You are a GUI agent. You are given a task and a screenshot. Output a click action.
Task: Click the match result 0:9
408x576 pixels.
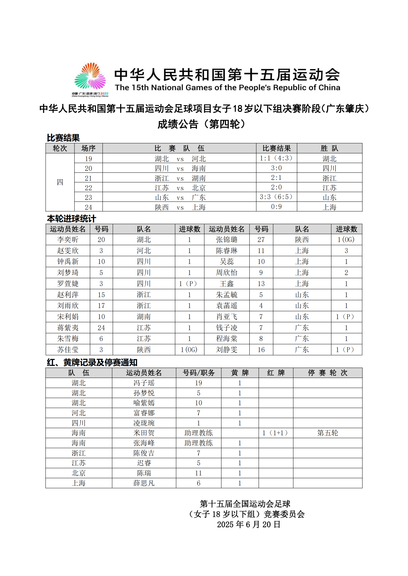pos(276,207)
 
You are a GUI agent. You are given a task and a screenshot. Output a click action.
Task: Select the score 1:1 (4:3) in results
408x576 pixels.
pos(276,158)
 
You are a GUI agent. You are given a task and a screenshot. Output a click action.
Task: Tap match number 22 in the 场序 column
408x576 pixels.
pos(89,188)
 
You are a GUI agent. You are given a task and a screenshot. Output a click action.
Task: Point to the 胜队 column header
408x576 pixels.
pos(329,148)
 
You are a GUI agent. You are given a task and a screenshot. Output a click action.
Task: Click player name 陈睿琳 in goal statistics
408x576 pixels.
pos(227,251)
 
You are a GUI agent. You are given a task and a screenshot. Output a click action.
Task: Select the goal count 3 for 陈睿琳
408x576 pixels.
pos(346,251)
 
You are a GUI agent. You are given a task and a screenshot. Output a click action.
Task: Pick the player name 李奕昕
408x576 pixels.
pos(68,240)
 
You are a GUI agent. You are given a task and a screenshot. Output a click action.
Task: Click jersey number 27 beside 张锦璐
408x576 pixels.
pos(261,240)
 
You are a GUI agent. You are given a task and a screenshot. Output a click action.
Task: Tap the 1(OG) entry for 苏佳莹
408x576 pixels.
pos(189,349)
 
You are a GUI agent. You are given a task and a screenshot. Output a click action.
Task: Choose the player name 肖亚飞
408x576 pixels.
pos(227,317)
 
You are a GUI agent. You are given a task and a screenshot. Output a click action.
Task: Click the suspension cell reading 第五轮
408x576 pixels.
pos(328,433)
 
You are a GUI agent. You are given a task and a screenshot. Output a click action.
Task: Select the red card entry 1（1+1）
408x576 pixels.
pos(276,433)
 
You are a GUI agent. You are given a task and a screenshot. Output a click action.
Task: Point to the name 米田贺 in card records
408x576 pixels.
pos(144,433)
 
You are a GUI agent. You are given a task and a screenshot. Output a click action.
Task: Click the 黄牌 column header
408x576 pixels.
pos(240,373)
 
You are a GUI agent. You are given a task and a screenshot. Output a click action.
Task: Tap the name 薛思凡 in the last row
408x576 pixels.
pos(144,483)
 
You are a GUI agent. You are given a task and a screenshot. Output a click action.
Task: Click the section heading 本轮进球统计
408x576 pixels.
pos(72,219)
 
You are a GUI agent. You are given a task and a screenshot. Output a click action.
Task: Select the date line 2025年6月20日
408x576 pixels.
pos(248,524)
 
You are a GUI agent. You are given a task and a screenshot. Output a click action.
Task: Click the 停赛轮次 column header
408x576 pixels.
pos(328,373)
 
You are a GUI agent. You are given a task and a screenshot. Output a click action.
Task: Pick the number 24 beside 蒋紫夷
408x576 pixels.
pos(101,328)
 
